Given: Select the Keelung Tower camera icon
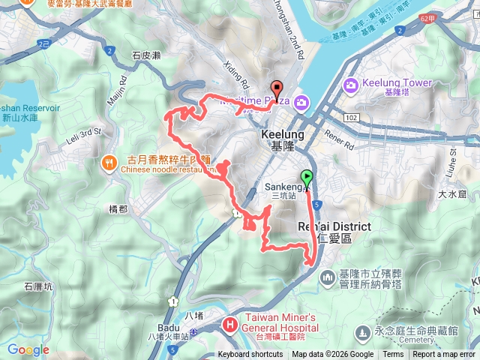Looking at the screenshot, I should coord(350,85).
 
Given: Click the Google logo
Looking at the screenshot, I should coord(28,349).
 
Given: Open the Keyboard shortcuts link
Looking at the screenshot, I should coord(250,355).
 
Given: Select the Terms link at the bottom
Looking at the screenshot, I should coord(393,355).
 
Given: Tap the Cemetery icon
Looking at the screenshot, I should coord(363,331).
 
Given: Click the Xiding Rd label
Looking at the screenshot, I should coord(235,73).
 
